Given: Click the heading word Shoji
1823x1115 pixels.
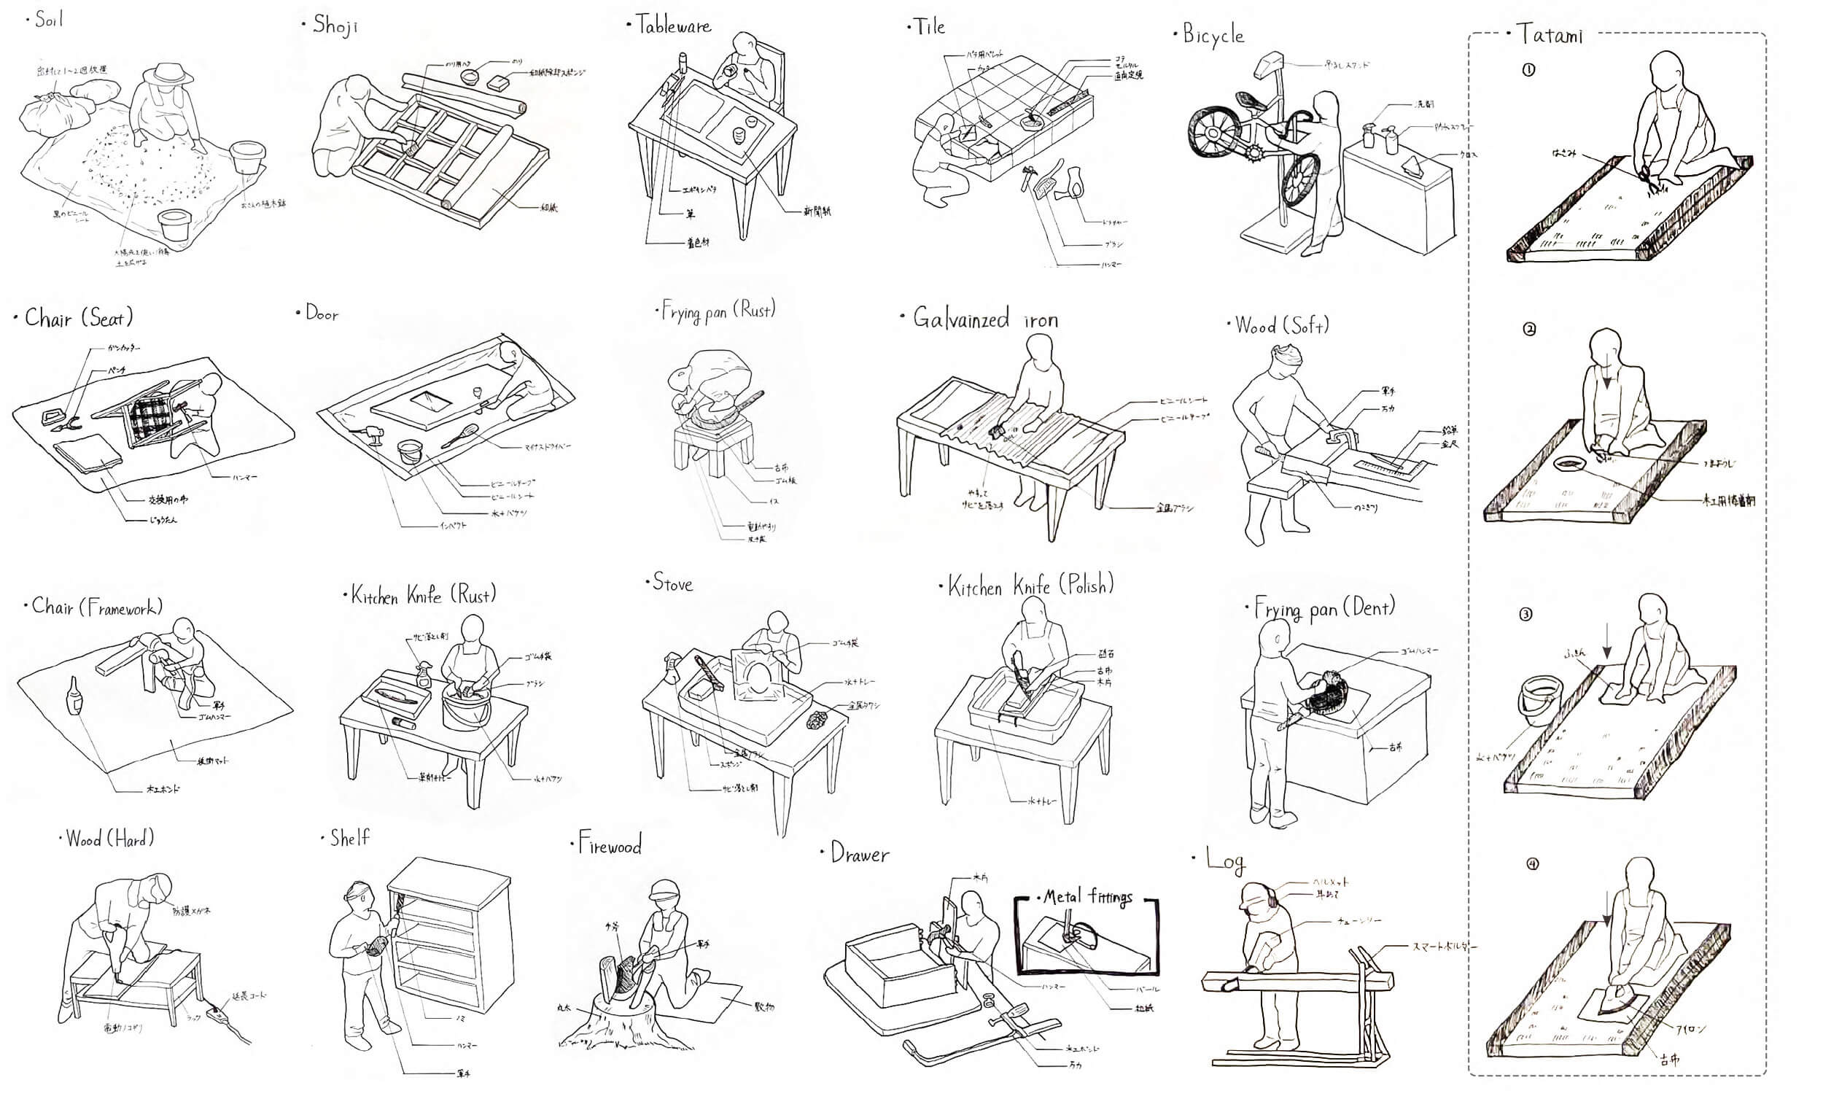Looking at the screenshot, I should (x=335, y=26).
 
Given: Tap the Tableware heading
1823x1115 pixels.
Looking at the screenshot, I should (x=673, y=27).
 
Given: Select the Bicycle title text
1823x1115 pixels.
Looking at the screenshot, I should (x=1213, y=35).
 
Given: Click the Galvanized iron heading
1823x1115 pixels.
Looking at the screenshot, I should (x=985, y=319).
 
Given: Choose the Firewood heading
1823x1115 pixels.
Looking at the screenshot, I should (x=609, y=845).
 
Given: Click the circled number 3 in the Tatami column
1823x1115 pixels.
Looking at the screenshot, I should (x=1525, y=614).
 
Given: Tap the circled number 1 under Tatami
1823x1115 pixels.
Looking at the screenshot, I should (x=1528, y=70).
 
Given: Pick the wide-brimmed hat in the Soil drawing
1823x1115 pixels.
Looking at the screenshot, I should (x=170, y=72).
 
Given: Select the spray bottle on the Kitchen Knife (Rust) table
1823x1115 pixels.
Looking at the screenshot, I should (x=423, y=674).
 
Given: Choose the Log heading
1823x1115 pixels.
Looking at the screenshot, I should (x=1225, y=860).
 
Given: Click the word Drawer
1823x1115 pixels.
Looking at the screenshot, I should (x=859, y=855).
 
